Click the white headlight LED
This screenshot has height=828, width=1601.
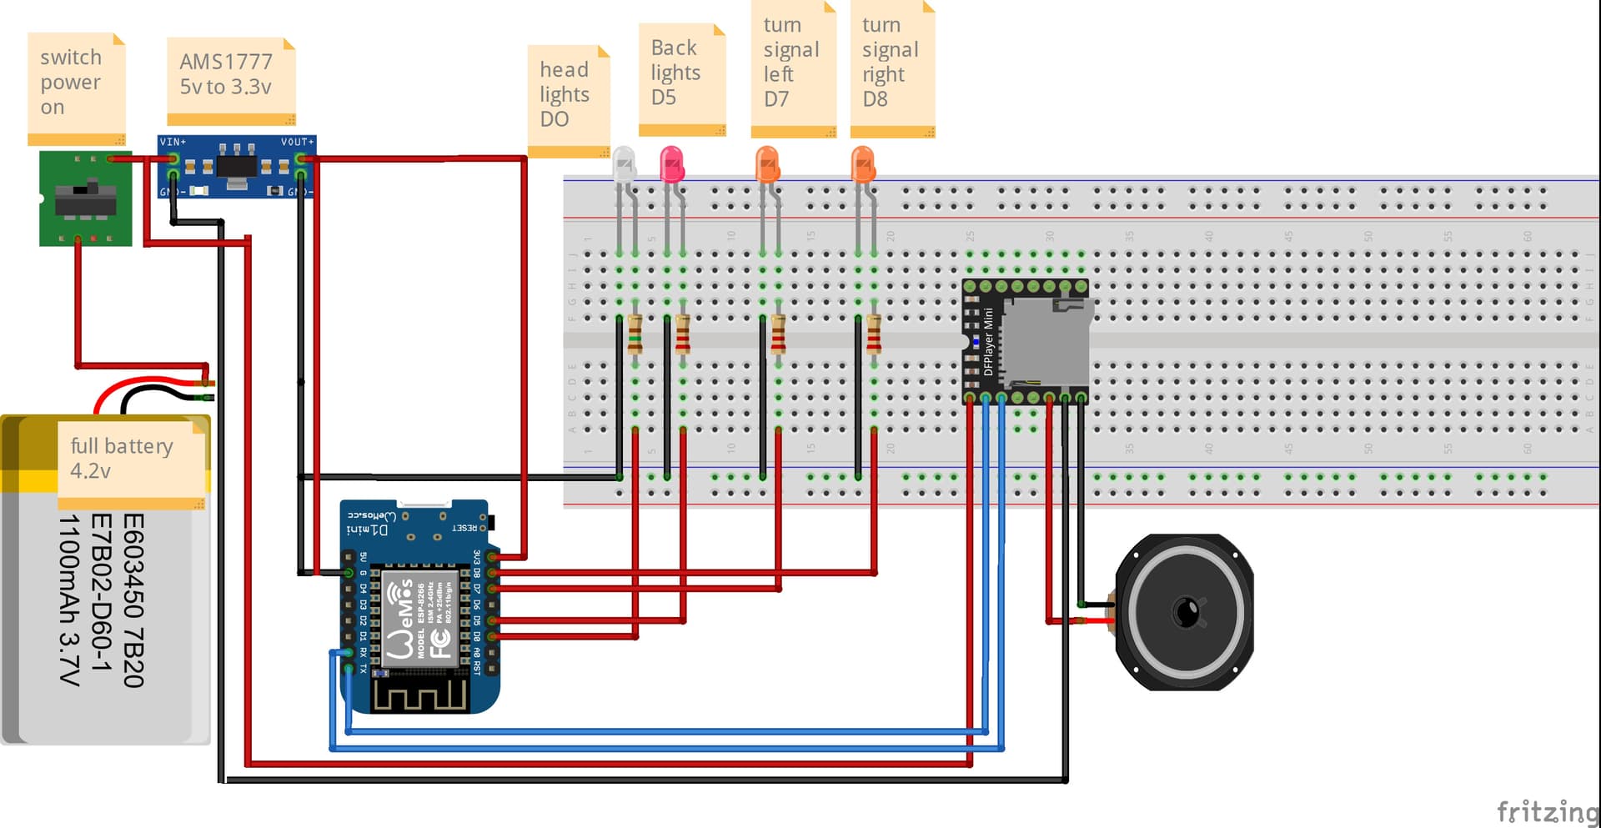tap(623, 163)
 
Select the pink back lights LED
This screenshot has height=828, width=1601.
tap(671, 163)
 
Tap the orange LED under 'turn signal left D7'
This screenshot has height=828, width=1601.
tap(767, 163)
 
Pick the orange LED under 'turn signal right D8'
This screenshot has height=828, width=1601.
tap(863, 163)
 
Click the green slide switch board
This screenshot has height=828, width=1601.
tap(85, 198)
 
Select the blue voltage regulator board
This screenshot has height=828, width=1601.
tap(236, 167)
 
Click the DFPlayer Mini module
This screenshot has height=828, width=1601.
tap(1026, 342)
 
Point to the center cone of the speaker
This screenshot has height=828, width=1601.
tap(1186, 612)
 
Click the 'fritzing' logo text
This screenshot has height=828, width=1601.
tap(1546, 810)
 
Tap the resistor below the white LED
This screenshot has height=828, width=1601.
tap(635, 334)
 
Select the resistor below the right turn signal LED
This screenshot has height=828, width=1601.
tap(873, 334)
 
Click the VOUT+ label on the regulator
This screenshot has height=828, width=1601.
tap(296, 142)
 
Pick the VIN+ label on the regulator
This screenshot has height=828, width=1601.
tap(173, 142)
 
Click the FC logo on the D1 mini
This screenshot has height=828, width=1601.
tap(440, 642)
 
